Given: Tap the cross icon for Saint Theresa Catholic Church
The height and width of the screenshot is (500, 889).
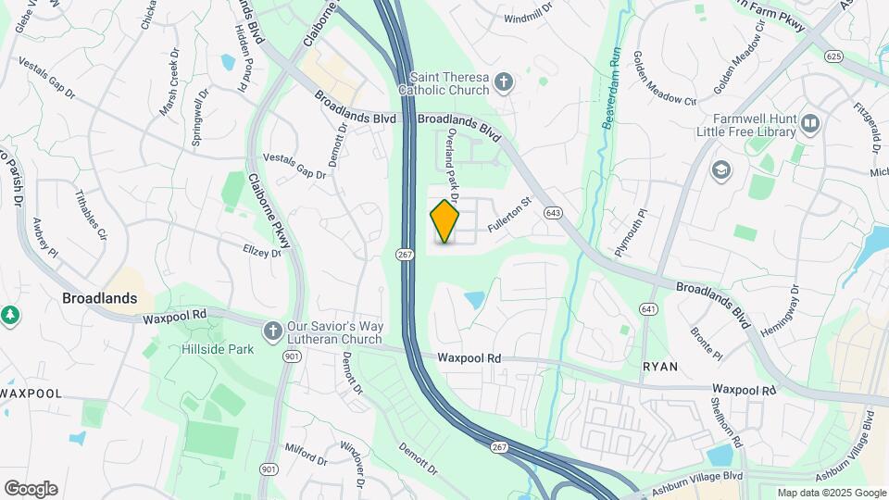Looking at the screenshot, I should [503, 82].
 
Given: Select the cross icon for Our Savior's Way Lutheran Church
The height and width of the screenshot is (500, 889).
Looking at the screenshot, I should [272, 331].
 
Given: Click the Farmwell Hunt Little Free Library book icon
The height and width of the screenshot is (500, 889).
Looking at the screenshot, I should [811, 123].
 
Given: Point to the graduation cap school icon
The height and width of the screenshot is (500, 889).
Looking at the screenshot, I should [720, 170].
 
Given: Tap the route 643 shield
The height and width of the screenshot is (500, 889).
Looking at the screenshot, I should [554, 213].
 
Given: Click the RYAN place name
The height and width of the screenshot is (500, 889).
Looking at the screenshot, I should [660, 367].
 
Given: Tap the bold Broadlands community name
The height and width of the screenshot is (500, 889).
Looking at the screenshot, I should [99, 298].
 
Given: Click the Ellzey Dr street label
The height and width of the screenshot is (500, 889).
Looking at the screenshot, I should [261, 251].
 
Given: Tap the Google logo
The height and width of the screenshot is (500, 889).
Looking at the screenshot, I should [31, 488].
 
